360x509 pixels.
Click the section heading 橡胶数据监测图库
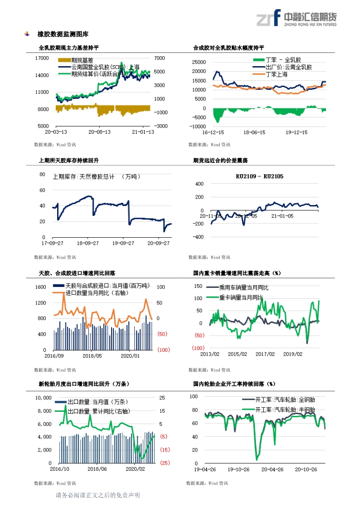63,34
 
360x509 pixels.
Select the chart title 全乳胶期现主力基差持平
68,48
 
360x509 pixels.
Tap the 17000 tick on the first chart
41,58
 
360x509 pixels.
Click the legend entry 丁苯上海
276,74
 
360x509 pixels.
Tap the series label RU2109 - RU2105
259,176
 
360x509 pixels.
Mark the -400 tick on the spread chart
197,237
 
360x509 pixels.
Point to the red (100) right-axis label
163,350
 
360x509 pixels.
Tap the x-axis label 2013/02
209,354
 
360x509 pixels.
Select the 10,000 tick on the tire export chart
43,398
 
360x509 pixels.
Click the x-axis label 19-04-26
204,469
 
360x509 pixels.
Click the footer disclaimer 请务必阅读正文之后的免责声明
97,495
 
